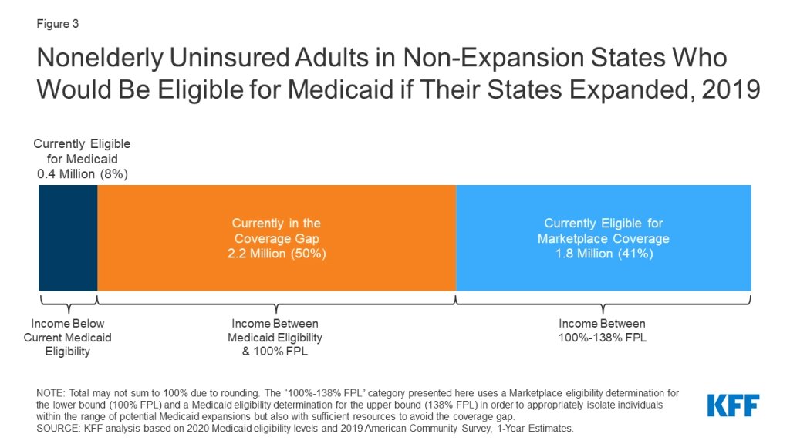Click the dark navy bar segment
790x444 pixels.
(68, 237)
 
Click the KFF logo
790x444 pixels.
(733, 405)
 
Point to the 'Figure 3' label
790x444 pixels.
(57, 24)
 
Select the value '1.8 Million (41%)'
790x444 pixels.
(603, 253)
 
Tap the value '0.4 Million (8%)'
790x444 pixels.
(83, 173)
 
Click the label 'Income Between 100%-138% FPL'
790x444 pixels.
(602, 331)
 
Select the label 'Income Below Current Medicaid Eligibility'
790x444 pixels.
(68, 338)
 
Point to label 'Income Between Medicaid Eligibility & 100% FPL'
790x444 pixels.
(275, 338)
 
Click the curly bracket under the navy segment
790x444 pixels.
(68, 301)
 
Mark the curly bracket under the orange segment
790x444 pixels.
(276, 301)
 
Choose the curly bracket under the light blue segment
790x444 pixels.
(603, 301)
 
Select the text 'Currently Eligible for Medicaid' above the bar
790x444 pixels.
(83, 151)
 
